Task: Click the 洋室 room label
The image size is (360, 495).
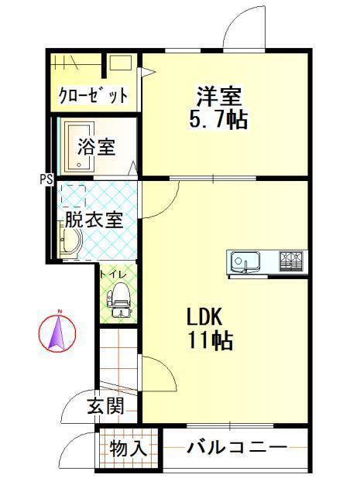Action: click(x=219, y=95)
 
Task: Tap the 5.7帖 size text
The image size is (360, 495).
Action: click(x=218, y=119)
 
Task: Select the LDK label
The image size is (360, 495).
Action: click(x=205, y=316)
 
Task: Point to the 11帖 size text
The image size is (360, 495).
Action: click(x=211, y=340)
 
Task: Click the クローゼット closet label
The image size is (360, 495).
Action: click(x=94, y=94)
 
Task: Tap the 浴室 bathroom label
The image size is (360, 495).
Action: click(x=97, y=146)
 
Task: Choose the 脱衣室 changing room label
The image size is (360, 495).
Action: click(x=94, y=220)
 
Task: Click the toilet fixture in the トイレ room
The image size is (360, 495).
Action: click(x=119, y=299)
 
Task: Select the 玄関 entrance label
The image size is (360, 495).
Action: click(x=105, y=405)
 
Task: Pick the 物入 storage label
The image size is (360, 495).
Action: click(x=128, y=448)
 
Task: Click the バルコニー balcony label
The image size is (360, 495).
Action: click(x=237, y=447)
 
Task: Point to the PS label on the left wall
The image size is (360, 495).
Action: click(x=46, y=179)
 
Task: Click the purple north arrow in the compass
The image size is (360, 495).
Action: click(x=57, y=332)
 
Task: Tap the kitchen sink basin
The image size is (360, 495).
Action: click(x=245, y=261)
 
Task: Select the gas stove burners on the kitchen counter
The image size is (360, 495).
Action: click(x=291, y=261)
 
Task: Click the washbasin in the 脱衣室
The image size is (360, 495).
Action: click(x=70, y=241)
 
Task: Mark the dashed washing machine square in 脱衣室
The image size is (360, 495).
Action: click(x=74, y=196)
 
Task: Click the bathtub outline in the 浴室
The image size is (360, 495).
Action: click(x=79, y=146)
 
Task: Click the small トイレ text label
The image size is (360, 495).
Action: click(x=114, y=275)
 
